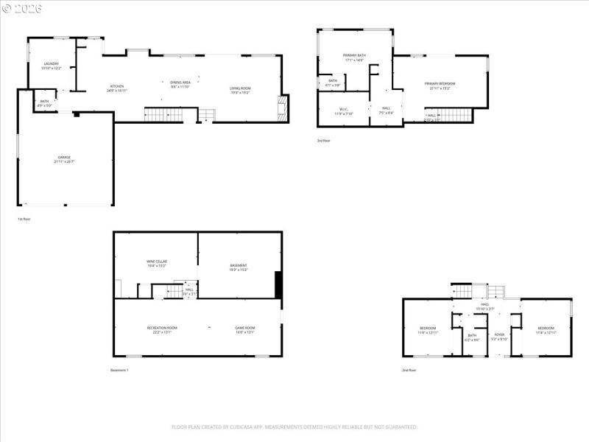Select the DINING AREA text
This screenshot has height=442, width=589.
tap(180, 83)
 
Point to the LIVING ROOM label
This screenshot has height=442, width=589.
tap(240, 89)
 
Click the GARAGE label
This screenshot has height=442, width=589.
tap(65, 158)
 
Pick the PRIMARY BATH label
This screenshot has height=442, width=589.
tap(354, 56)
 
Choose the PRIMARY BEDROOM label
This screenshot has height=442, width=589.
tap(440, 84)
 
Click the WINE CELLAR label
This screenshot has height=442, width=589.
tap(155, 262)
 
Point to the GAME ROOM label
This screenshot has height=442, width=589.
tap(244, 328)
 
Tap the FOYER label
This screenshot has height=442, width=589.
tap(499, 335)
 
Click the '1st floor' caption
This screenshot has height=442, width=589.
tap(24, 219)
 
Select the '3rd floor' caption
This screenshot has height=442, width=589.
tap(324, 140)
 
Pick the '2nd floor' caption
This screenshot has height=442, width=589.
tap(409, 370)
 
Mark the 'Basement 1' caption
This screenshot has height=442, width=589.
tap(119, 370)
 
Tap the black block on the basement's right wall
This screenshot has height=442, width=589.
tap(278, 285)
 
